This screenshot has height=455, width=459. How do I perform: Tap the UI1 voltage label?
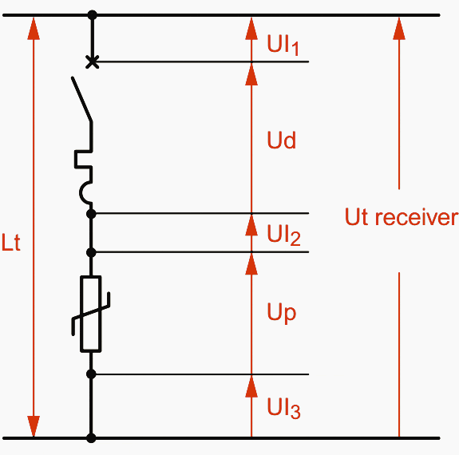click(x=283, y=45)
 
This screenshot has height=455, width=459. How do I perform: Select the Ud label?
click(x=281, y=141)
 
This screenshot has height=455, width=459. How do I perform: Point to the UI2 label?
click(x=283, y=235)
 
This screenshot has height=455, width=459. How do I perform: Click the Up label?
click(x=281, y=312)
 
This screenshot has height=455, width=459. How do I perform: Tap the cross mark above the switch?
click(x=92, y=61)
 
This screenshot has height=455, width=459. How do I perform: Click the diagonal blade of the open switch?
click(x=82, y=100)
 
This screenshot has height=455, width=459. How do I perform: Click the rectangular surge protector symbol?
click(x=91, y=314)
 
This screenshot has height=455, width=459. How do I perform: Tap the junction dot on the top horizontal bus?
click(x=92, y=15)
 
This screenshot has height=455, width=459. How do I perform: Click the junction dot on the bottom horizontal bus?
click(x=92, y=437)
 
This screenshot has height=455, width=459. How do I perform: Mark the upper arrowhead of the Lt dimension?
click(x=34, y=27)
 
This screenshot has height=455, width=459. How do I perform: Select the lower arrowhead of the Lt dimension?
click(x=34, y=425)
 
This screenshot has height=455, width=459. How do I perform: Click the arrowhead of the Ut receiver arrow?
click(x=399, y=27)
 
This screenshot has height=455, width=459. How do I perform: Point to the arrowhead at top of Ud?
click(x=251, y=73)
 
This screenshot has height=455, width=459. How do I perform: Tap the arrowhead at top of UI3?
click(x=251, y=386)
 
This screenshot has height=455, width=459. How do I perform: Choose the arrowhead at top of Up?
click(x=251, y=263)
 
